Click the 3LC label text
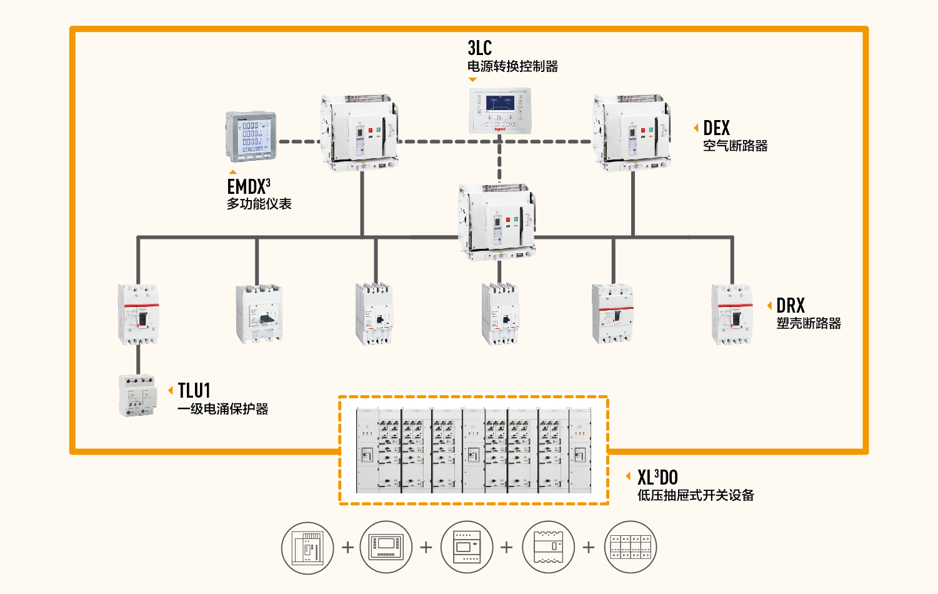(479, 48)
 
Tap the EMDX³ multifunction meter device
(251, 136)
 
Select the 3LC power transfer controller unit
(500, 111)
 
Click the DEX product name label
(716, 128)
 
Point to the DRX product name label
(791, 306)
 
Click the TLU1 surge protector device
(137, 395)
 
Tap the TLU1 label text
(194, 391)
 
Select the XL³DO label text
(657, 478)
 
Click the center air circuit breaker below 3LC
(497, 222)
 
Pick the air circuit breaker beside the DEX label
(632, 133)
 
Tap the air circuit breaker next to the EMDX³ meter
(360, 133)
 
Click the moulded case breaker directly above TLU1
(138, 315)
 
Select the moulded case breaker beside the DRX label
(732, 315)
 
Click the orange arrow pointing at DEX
(696, 128)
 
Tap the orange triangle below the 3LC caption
(472, 79)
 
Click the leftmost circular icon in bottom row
(307, 548)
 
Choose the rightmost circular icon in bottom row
(631, 548)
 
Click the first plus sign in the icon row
(348, 548)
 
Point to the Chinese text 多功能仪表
(259, 204)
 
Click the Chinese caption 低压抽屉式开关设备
(696, 495)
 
